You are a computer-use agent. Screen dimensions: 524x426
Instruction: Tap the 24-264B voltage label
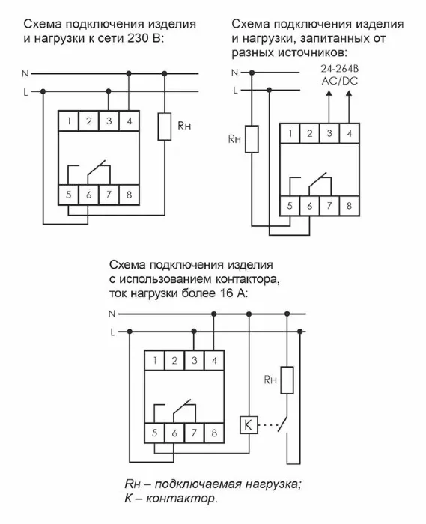click(331, 69)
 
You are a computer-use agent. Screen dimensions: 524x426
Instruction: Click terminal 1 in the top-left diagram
click(68, 121)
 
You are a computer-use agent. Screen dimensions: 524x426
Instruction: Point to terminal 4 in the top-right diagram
click(350, 134)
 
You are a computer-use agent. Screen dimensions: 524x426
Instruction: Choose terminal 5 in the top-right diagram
click(288, 205)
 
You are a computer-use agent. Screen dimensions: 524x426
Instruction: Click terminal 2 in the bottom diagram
click(174, 361)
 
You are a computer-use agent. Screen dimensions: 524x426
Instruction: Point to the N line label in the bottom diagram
click(112, 312)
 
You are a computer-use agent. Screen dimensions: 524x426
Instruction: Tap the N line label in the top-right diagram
click(234, 73)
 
